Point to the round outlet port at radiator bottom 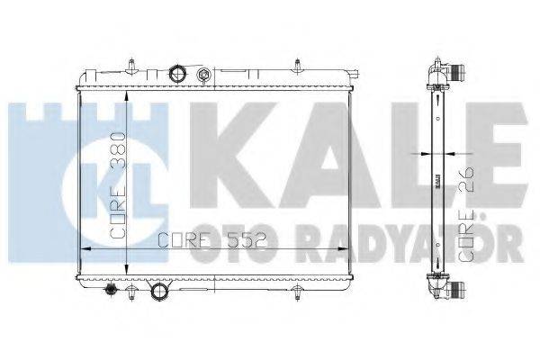pyautogui.click(x=159, y=292)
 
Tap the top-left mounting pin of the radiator pyautogui.click(x=132, y=67)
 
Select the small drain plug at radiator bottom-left pyautogui.click(x=112, y=291)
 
